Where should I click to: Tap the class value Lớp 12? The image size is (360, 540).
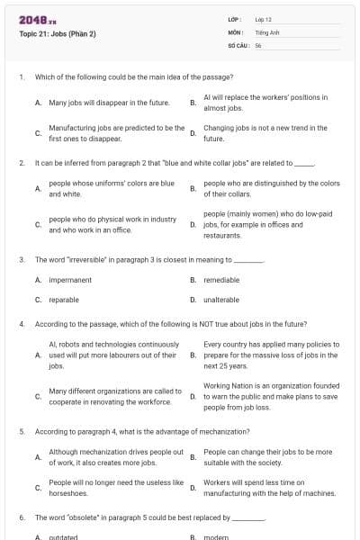(263, 19)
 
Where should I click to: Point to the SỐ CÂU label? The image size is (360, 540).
(237, 44)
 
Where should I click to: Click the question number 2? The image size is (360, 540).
(21, 163)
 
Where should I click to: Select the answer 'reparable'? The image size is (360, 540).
(64, 299)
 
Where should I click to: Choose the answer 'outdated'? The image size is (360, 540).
(63, 537)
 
